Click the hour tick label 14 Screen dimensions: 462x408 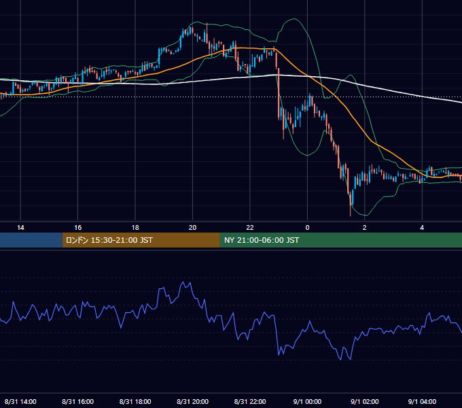20,228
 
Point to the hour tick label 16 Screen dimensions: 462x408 77,228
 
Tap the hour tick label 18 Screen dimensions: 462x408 135,228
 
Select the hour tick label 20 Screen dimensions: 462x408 192,228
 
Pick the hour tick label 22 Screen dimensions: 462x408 250,228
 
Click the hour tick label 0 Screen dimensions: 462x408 307,228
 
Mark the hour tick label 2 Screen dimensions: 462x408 364,228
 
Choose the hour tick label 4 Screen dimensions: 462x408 422,228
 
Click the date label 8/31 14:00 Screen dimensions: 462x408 20,401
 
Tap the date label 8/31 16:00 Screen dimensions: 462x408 77,401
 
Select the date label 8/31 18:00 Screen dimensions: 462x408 135,401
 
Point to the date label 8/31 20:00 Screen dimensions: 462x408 192,401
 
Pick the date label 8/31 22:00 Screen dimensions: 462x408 250,401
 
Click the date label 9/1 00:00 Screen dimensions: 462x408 307,401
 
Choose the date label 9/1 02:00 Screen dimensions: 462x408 364,401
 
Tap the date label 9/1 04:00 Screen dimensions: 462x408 422,401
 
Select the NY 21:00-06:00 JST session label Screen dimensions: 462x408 262,240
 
